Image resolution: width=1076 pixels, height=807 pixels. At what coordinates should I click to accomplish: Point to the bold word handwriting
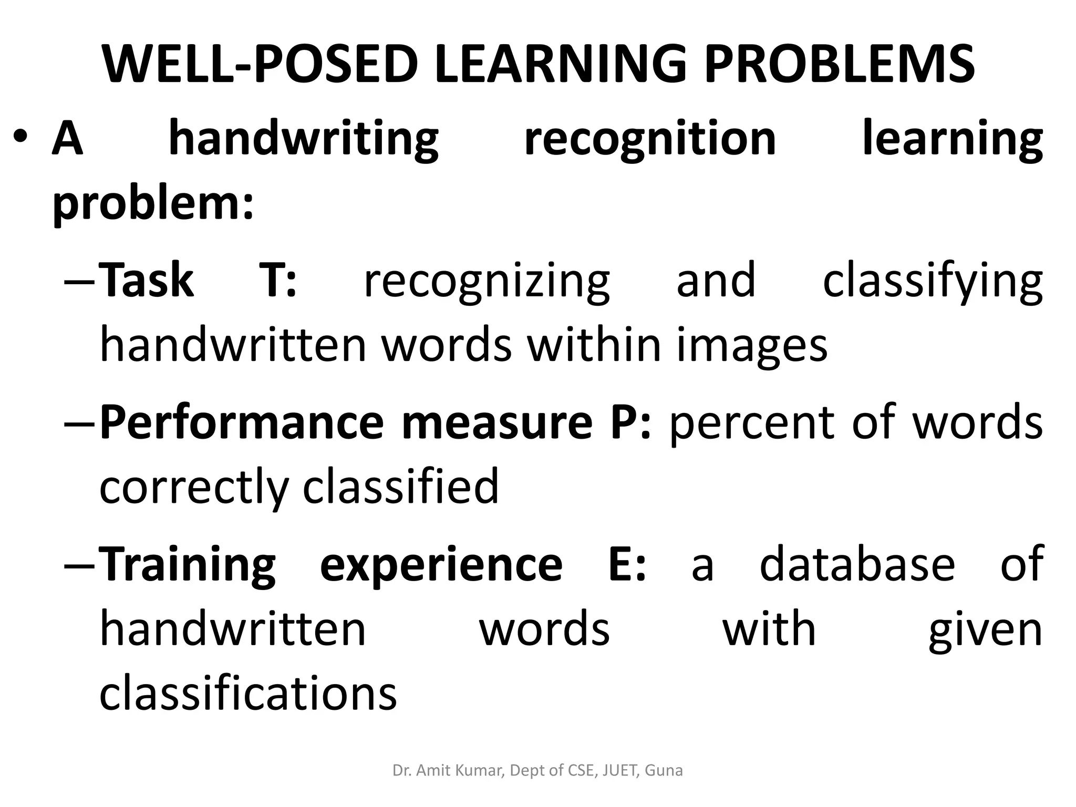pos(303,139)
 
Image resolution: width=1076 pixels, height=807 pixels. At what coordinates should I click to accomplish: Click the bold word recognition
pos(650,139)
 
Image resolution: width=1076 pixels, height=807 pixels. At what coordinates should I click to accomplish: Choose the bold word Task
pos(147,281)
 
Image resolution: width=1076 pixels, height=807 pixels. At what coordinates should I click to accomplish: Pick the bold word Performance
pos(242,423)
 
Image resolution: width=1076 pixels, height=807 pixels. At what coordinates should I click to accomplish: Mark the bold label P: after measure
pos(630,422)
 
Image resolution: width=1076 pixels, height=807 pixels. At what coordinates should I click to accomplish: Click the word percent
pos(752,423)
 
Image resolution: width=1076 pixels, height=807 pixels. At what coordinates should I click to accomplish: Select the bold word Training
pos(188,565)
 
